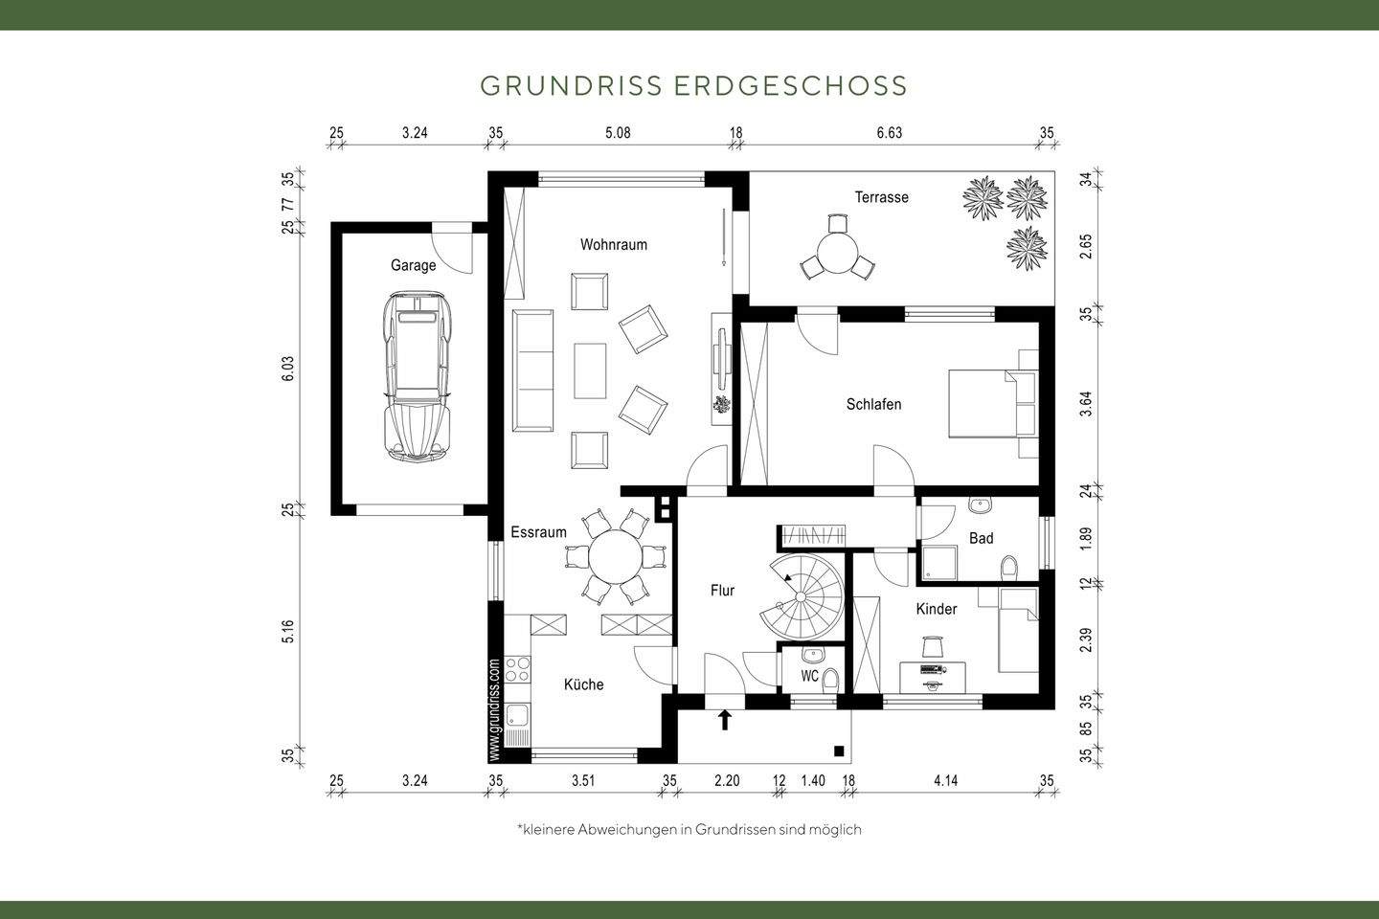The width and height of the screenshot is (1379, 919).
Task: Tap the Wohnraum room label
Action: (613, 244)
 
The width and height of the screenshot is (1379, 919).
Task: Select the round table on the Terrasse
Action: (837, 254)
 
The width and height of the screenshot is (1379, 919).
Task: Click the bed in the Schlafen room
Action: (991, 403)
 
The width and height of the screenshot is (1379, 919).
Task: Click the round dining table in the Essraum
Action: (616, 554)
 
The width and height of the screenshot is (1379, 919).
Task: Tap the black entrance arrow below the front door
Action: (725, 719)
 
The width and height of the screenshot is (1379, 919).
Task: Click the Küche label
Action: (583, 684)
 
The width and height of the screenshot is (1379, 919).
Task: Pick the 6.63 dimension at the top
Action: (889, 133)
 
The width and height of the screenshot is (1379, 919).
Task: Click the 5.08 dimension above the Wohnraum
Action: (618, 133)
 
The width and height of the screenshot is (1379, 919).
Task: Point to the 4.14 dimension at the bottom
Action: (945, 780)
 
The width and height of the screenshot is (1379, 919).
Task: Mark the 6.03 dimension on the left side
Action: (287, 369)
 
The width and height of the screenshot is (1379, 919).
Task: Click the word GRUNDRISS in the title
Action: (571, 85)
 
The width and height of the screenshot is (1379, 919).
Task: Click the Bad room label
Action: (981, 538)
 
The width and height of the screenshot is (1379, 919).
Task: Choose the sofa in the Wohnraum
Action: (533, 370)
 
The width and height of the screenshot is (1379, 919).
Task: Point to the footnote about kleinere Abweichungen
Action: (689, 829)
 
